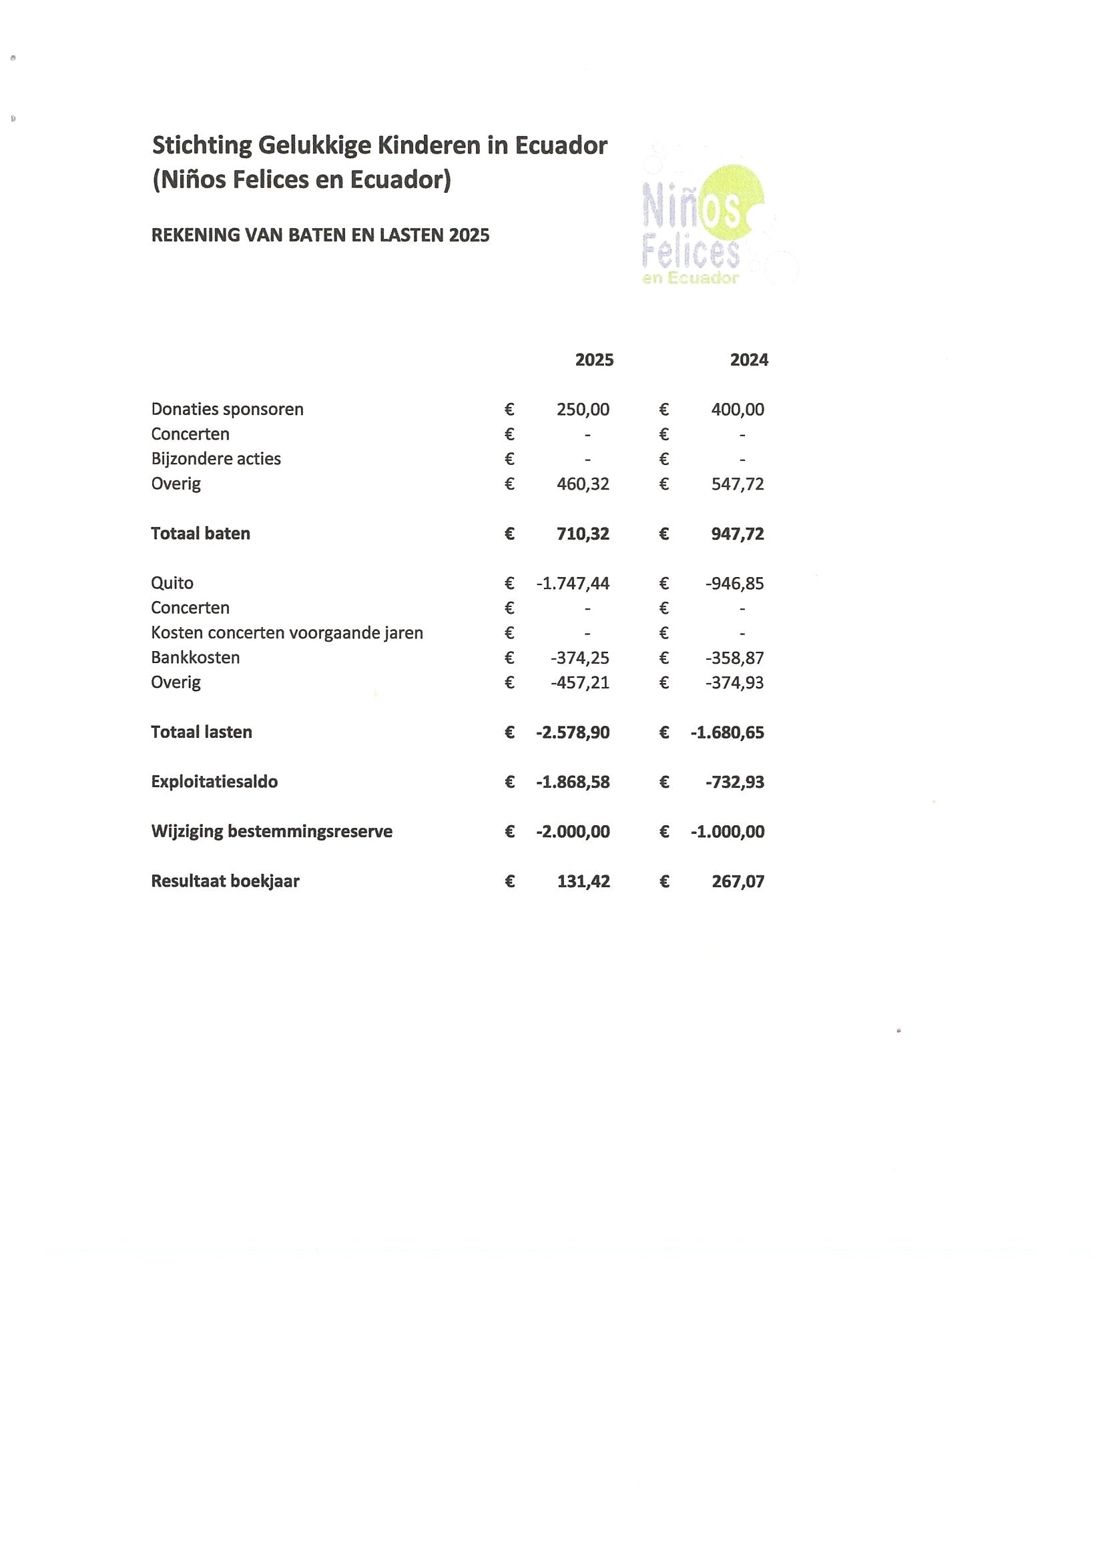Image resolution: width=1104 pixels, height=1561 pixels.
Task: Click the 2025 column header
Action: tap(594, 360)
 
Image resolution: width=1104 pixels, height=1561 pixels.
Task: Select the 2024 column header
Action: tap(749, 360)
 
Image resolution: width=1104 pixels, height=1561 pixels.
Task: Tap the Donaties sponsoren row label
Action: tap(227, 410)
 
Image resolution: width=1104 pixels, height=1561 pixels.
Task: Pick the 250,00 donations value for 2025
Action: tap(583, 410)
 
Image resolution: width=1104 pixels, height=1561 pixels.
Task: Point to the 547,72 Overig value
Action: tap(738, 484)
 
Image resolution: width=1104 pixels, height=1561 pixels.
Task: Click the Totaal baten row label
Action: tap(201, 534)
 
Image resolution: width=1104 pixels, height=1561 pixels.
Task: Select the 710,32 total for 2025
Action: tap(583, 534)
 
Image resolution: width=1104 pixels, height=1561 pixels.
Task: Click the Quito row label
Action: tap(172, 583)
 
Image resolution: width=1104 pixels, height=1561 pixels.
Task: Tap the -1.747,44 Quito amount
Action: tap(573, 583)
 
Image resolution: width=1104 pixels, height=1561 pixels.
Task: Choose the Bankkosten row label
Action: tap(195, 658)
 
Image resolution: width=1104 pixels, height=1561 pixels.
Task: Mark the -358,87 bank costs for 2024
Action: tap(735, 658)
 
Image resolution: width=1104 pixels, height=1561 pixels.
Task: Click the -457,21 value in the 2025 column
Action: tap(580, 682)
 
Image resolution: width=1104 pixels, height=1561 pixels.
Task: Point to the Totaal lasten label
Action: tap(202, 732)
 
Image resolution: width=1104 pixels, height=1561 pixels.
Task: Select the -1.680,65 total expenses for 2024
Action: tap(727, 733)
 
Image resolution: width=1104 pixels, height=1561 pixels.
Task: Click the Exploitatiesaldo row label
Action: tap(214, 782)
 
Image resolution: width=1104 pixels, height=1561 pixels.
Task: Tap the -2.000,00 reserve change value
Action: tap(573, 831)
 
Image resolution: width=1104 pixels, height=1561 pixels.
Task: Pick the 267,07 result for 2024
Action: tap(738, 882)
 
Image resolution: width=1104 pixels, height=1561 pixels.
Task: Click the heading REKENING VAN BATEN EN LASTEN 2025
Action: tap(320, 235)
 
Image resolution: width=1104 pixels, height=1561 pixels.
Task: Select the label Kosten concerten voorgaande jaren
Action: tap(287, 633)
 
